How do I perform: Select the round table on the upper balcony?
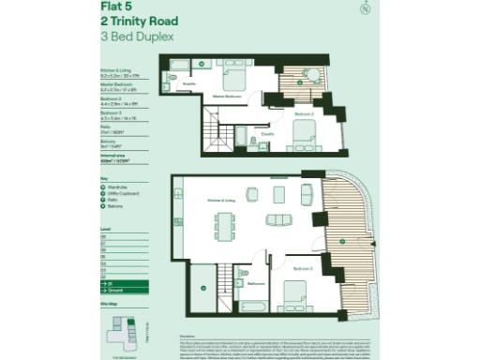pos(314,79)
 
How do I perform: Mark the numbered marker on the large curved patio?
pos(343,242)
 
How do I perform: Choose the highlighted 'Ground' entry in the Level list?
pos(116,291)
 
